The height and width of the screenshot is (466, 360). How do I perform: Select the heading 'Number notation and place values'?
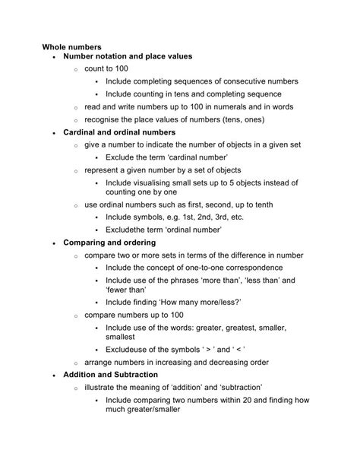[x=128, y=56]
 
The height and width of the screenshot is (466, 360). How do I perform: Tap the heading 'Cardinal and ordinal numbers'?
[x=119, y=132]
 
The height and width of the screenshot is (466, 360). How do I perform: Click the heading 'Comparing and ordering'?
[x=109, y=243]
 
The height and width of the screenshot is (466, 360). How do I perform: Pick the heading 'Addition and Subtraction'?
[x=111, y=375]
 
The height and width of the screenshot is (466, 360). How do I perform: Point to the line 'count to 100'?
[x=106, y=68]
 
